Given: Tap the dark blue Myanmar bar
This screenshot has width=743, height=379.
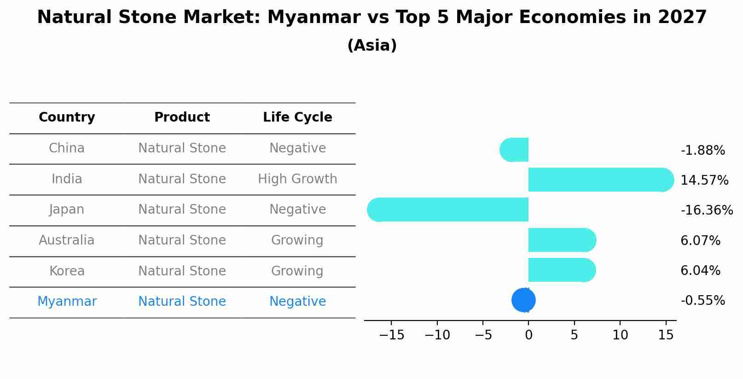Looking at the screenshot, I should pyautogui.click(x=523, y=300).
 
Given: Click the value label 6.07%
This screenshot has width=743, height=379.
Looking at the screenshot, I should pyautogui.click(x=700, y=240).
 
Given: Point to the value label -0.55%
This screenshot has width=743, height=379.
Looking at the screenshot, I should pyautogui.click(x=702, y=301).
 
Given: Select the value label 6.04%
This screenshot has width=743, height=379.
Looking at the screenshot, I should pyautogui.click(x=700, y=271).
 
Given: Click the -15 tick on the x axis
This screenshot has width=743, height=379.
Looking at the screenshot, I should pyautogui.click(x=391, y=335).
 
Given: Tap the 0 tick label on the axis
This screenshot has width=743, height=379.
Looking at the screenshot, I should pyautogui.click(x=528, y=335).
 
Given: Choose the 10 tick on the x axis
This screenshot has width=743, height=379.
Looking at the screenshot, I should pyautogui.click(x=620, y=335).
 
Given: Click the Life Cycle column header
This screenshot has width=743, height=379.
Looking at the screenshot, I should pyautogui.click(x=297, y=117).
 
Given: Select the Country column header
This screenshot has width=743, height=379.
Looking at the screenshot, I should pyautogui.click(x=67, y=117).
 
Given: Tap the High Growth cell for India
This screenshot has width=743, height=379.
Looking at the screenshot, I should pyautogui.click(x=297, y=179).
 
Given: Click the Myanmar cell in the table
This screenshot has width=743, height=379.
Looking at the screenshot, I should pyautogui.click(x=67, y=302).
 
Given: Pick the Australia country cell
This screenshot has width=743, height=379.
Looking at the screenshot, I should pyautogui.click(x=67, y=240).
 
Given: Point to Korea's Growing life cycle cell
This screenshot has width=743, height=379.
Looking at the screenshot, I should pyautogui.click(x=297, y=271).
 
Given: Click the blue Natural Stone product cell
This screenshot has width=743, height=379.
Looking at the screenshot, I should pyautogui.click(x=182, y=302).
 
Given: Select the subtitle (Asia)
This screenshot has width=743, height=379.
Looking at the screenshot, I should pyautogui.click(x=371, y=46).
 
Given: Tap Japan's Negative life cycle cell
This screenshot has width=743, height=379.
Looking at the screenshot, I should pyautogui.click(x=297, y=210).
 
